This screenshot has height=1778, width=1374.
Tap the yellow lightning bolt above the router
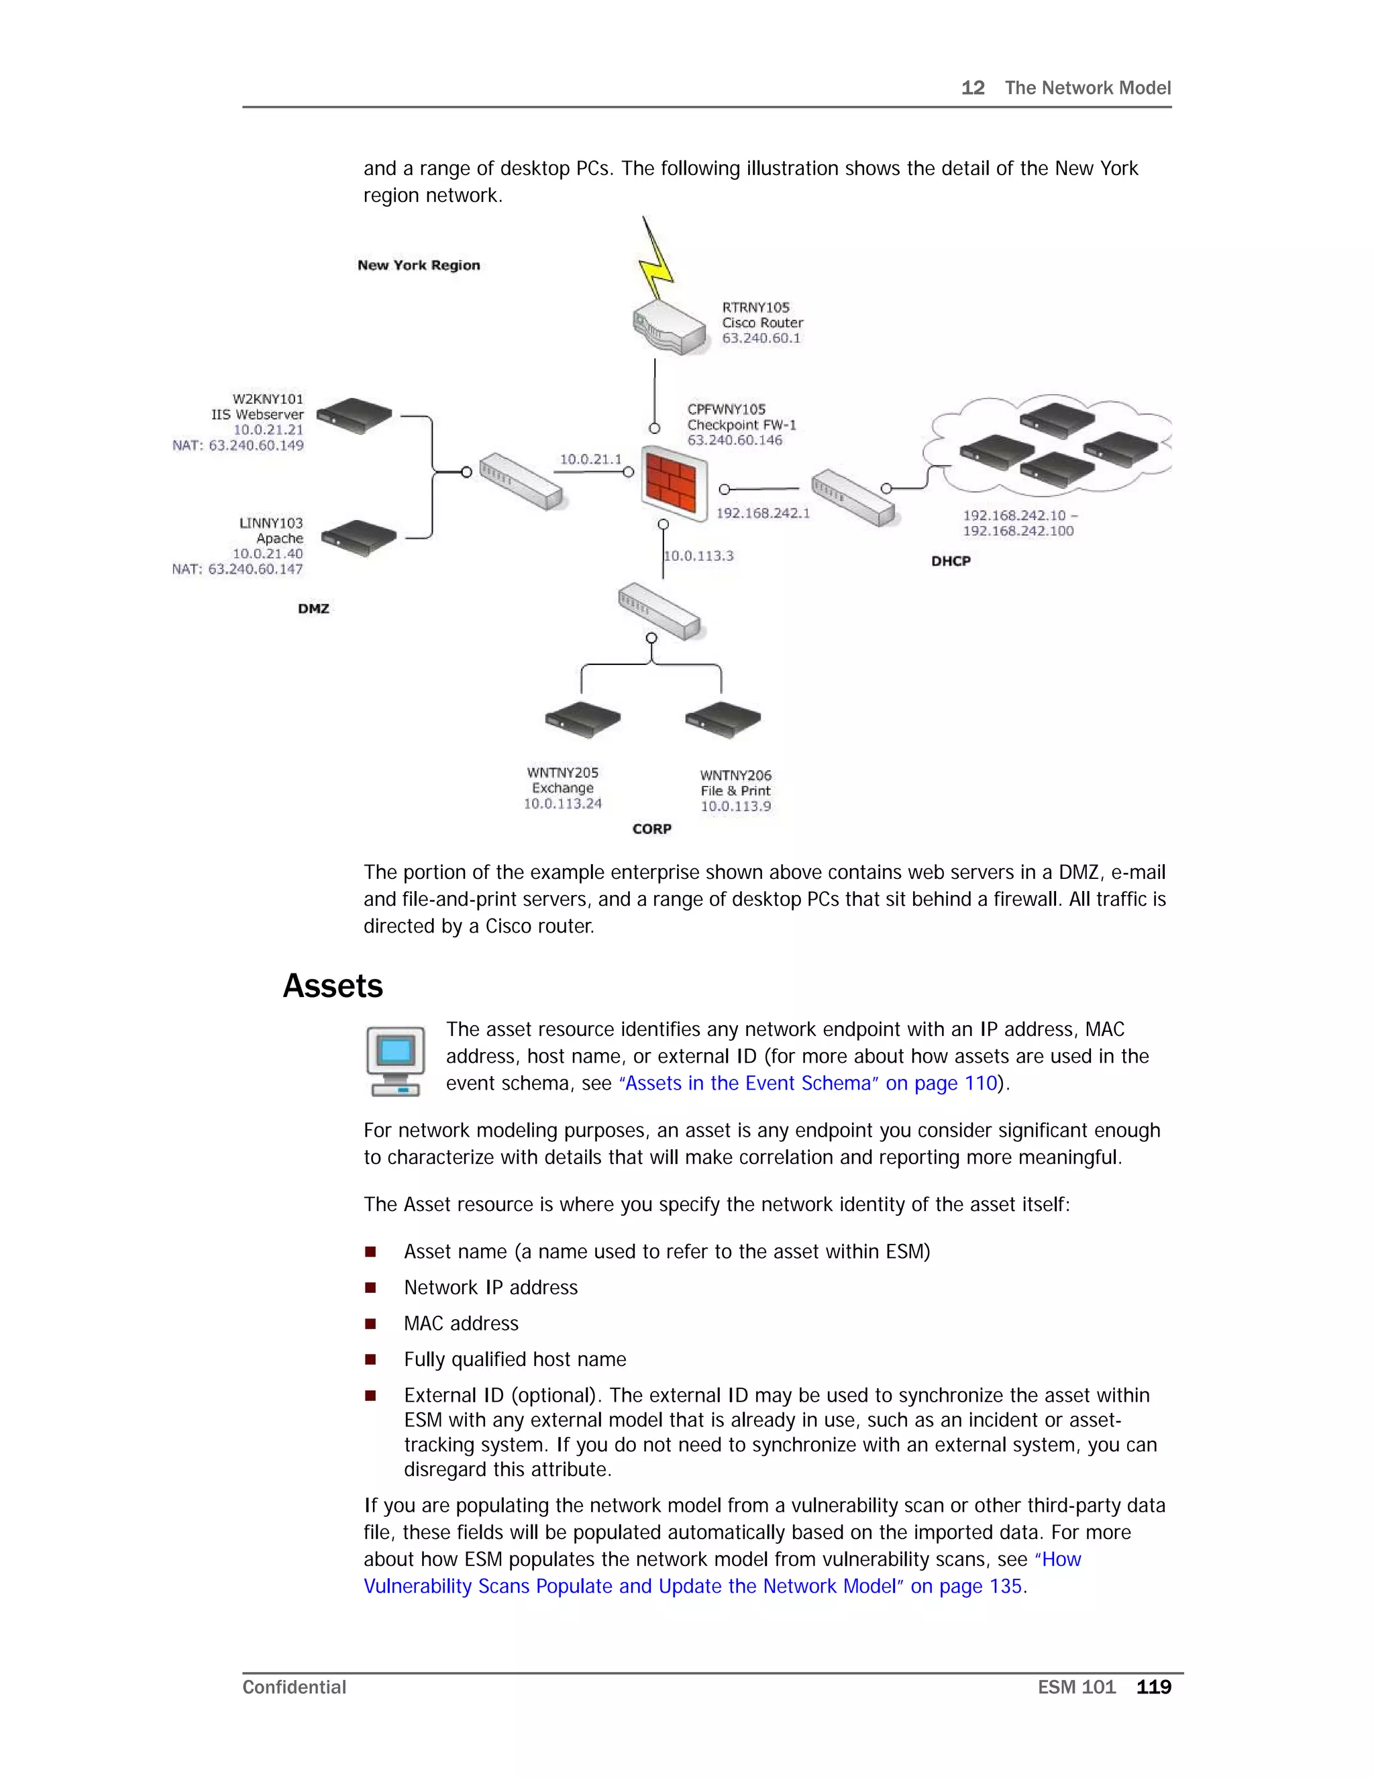656,260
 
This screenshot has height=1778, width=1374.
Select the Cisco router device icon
669,327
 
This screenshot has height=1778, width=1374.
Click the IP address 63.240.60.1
761,338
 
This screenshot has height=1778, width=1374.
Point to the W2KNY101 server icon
354,415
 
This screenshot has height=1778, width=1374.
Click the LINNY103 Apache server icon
358,538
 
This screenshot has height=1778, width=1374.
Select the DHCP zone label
951,561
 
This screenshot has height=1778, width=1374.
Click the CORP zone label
652,829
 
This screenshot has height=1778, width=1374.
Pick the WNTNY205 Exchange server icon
582,719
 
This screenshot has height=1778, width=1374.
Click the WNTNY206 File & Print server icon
723,719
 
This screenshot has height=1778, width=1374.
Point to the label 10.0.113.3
698,556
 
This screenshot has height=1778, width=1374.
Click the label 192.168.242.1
763,513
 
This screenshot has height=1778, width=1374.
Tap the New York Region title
419,266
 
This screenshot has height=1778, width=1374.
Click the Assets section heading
332,986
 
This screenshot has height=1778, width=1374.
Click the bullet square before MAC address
370,1324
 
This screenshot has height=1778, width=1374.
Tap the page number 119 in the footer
1153,1687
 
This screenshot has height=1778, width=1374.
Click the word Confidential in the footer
294,1687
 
